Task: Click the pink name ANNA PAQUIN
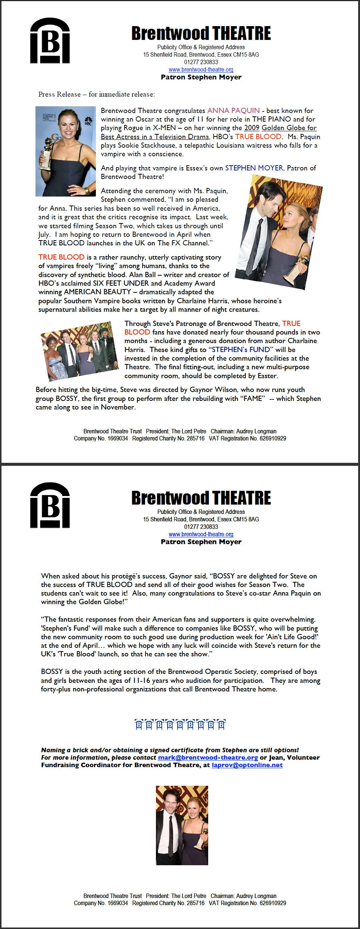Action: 234,110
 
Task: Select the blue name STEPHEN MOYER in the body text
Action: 254,168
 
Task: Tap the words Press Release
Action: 59,94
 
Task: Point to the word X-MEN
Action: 164,128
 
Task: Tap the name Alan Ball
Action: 143,274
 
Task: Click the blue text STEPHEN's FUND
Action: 241,349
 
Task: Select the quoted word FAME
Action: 253,398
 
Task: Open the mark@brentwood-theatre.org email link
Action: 208,757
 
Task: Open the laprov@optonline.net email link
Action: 247,765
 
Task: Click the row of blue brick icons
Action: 180,725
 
